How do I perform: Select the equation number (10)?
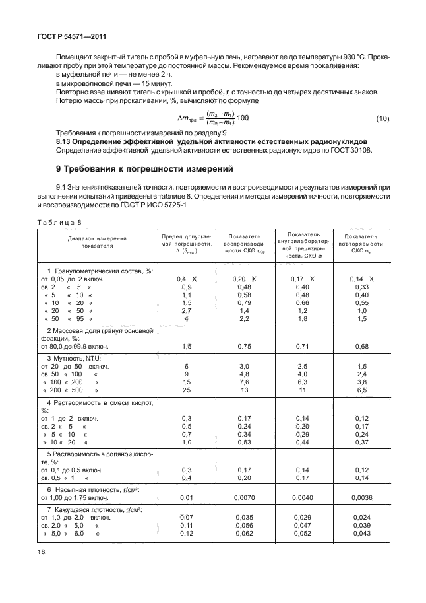coord(383,118)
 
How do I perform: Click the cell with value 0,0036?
coord(361,498)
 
